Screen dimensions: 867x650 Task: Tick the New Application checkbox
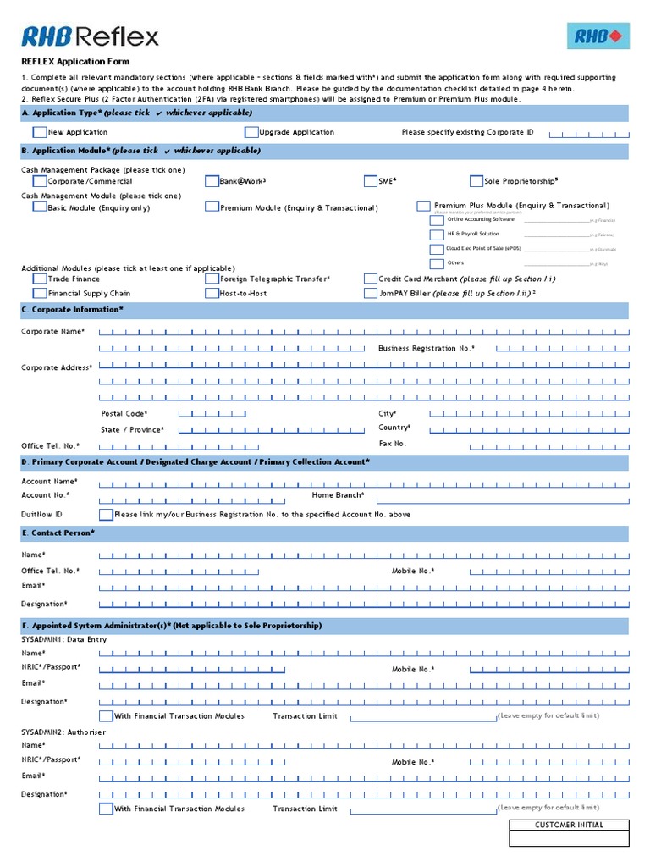(40, 132)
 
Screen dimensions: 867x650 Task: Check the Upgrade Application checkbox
(251, 132)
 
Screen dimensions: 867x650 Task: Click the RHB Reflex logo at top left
(90, 36)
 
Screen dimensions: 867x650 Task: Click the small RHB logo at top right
(598, 36)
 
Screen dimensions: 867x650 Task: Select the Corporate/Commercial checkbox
(40, 181)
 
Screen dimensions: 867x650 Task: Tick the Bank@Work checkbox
(212, 181)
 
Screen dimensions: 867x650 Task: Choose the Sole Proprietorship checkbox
(476, 181)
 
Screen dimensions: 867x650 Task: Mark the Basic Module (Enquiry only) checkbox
(40, 207)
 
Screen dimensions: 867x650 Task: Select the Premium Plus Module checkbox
(423, 206)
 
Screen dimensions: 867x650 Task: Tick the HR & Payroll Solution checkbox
(437, 235)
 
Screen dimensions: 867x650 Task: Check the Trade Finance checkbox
(40, 279)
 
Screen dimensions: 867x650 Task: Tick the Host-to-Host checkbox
(212, 294)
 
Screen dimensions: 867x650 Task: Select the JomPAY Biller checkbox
(371, 294)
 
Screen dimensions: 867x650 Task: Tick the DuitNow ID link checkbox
(106, 514)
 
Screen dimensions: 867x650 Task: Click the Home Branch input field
(499, 496)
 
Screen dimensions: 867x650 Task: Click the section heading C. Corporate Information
(73, 310)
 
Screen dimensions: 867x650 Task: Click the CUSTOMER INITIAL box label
(569, 825)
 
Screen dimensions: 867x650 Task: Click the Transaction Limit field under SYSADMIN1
(423, 716)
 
